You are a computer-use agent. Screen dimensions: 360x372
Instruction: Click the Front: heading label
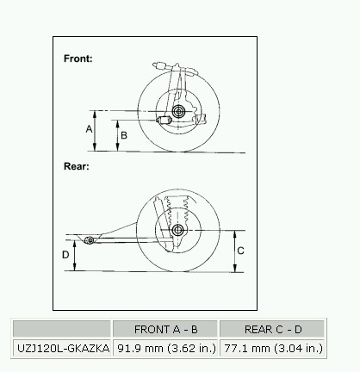(x=78, y=59)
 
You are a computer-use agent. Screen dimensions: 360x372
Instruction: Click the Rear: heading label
(x=77, y=166)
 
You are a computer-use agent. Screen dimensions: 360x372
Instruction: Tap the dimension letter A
(x=89, y=129)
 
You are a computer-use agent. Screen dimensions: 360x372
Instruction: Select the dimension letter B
(x=124, y=135)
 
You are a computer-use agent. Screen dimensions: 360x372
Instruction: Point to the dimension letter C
(x=240, y=251)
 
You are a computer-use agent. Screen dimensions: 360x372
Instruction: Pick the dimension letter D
(x=65, y=255)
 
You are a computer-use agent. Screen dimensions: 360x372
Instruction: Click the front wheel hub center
(x=178, y=111)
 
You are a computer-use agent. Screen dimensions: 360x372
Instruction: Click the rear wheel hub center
(x=177, y=230)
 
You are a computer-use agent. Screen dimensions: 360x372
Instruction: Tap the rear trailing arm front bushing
(x=90, y=240)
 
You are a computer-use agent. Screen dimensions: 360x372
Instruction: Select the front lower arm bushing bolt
(x=164, y=120)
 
